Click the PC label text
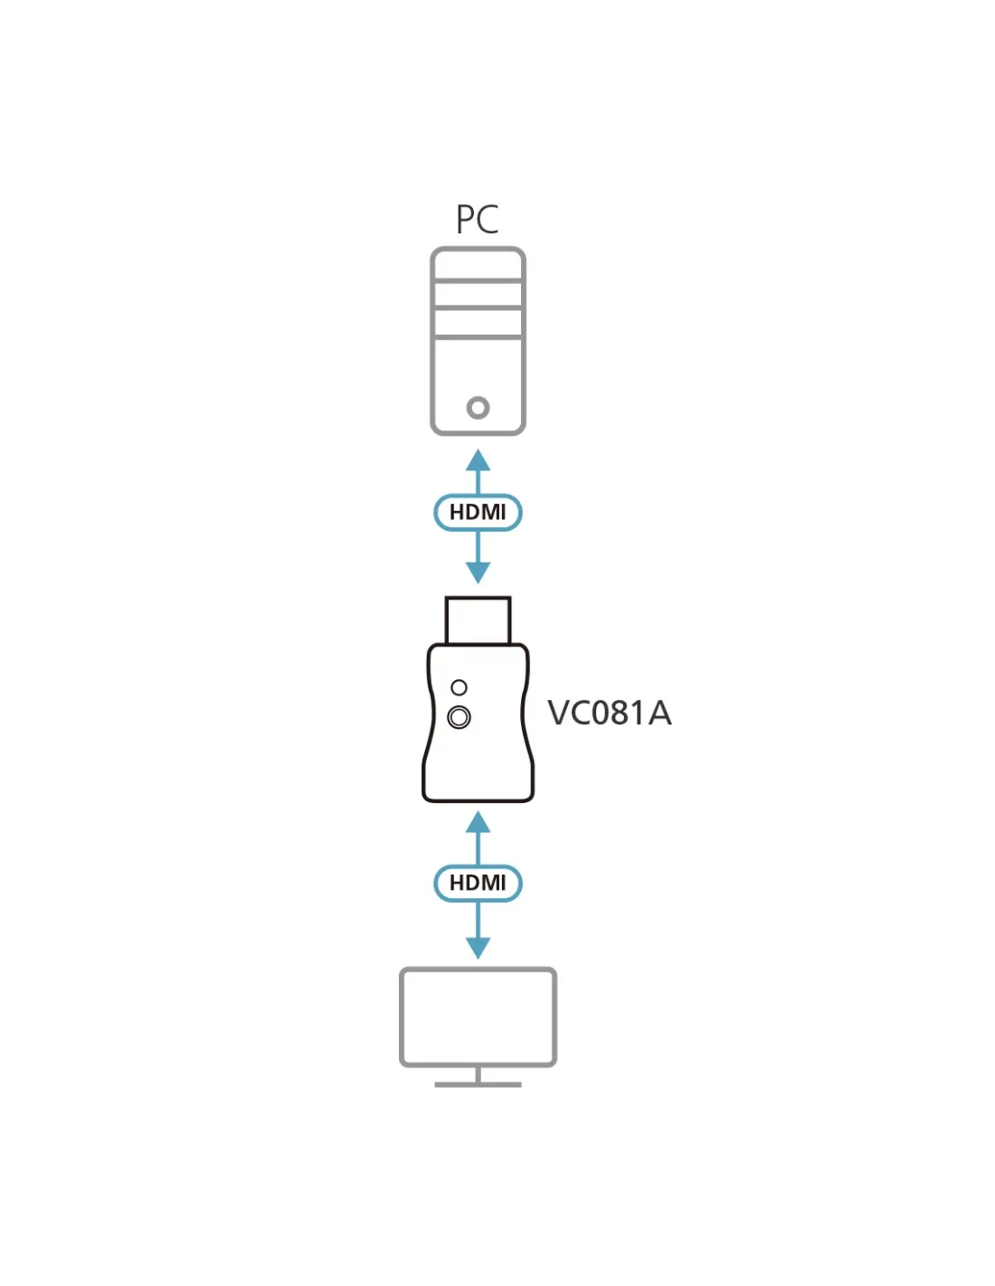tap(477, 219)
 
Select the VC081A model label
tap(609, 713)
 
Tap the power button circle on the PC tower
tap(478, 407)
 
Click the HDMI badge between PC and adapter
tap(478, 512)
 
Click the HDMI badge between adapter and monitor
tap(478, 883)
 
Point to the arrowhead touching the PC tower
tap(478, 460)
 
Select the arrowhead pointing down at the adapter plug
tap(478, 572)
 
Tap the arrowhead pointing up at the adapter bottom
tap(478, 822)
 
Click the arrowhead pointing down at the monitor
tap(478, 948)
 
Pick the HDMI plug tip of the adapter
tap(478, 620)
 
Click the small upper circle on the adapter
tap(459, 687)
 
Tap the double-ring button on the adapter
tap(459, 717)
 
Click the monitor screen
tap(478, 1017)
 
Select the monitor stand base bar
tap(478, 1085)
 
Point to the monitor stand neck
tap(478, 1074)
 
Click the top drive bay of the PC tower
tap(478, 265)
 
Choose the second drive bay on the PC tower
tap(478, 294)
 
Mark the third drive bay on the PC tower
tap(478, 323)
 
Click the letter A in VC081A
tap(659, 713)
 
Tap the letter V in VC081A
tap(559, 713)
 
